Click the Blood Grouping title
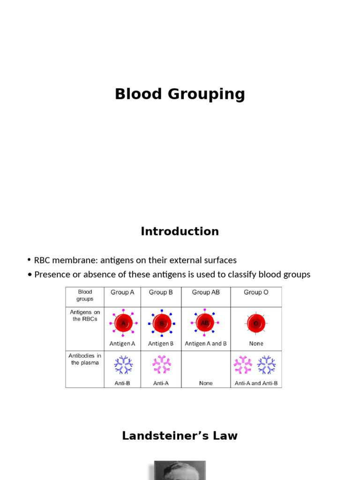[x=180, y=94]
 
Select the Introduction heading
[x=180, y=231]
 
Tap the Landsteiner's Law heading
[x=180, y=435]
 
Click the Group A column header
[x=122, y=292]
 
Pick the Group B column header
[x=161, y=292]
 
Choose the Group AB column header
[x=206, y=292]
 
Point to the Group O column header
[x=256, y=292]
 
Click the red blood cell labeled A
[x=123, y=323]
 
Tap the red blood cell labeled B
[x=162, y=323]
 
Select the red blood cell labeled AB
[x=205, y=322]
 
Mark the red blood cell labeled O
[x=256, y=323]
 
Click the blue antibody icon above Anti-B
[x=123, y=365]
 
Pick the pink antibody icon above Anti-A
[x=162, y=365]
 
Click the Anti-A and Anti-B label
[x=256, y=383]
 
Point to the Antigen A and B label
[x=206, y=344]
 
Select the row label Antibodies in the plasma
[x=85, y=359]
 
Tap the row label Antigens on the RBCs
[x=85, y=315]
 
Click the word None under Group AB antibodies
[x=206, y=383]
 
